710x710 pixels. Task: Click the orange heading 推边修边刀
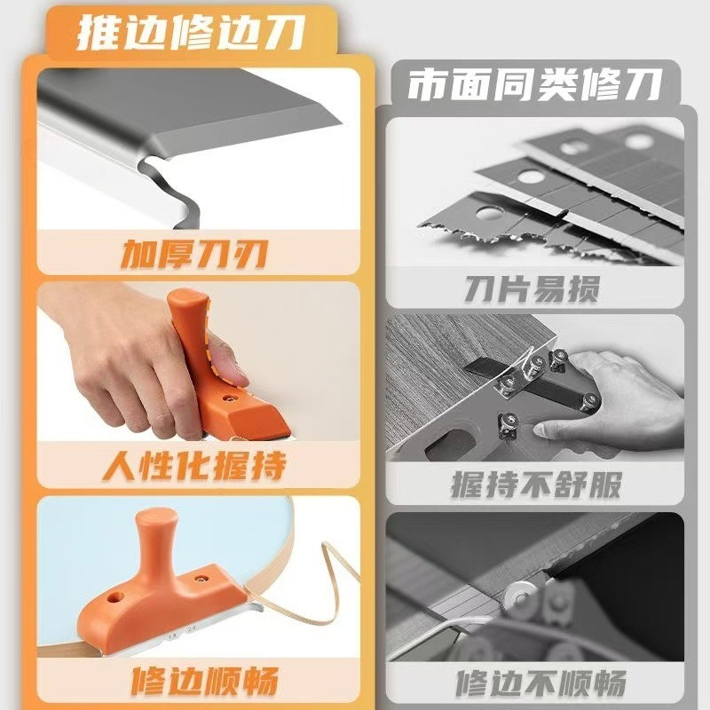(190, 33)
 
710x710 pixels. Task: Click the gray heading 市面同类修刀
(535, 84)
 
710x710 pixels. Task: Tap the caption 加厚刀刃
(193, 254)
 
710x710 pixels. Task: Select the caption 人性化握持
(194, 465)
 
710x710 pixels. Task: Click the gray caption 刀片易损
(532, 289)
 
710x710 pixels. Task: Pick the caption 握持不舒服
(536, 485)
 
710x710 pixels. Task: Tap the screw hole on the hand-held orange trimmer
(230, 398)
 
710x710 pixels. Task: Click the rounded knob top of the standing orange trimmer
(156, 520)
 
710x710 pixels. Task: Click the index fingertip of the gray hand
(541, 430)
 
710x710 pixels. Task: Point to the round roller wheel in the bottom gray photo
(521, 596)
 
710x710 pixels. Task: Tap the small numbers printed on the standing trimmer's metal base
(181, 633)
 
